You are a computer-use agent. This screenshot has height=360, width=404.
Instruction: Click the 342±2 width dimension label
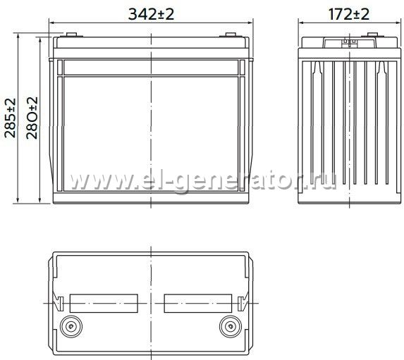151,14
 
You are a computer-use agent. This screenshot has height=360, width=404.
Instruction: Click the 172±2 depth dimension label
348,14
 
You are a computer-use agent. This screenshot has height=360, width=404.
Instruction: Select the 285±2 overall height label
11,118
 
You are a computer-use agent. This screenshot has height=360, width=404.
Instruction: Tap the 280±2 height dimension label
32,118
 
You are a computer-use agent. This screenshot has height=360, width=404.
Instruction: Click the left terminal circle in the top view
71,326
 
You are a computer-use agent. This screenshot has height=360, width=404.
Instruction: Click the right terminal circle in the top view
231,326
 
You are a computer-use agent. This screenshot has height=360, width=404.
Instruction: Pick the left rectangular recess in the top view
104,304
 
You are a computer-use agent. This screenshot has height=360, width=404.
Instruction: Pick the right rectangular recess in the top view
198,304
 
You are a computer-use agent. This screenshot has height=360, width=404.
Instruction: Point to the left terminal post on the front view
71,35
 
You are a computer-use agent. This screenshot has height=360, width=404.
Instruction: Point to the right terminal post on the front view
231,35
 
